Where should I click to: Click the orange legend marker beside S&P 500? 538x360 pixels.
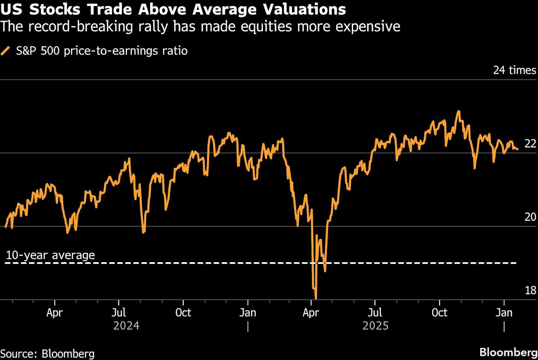(6, 51)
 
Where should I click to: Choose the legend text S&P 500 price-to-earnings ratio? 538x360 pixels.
(102, 51)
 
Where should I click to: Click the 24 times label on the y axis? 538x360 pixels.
(514, 70)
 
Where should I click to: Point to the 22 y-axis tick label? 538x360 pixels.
(530, 144)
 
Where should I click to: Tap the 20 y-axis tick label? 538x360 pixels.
(530, 217)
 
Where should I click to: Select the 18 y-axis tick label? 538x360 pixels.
(530, 290)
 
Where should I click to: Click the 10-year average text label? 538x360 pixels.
(50, 255)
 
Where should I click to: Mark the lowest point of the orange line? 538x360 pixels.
(316, 298)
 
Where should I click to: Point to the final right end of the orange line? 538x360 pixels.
(518, 149)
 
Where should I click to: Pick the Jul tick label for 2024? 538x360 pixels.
(118, 313)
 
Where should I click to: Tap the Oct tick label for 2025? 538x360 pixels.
(439, 313)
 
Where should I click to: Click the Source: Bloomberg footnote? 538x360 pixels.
(47, 353)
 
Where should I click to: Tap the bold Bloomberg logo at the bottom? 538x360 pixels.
(508, 352)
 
